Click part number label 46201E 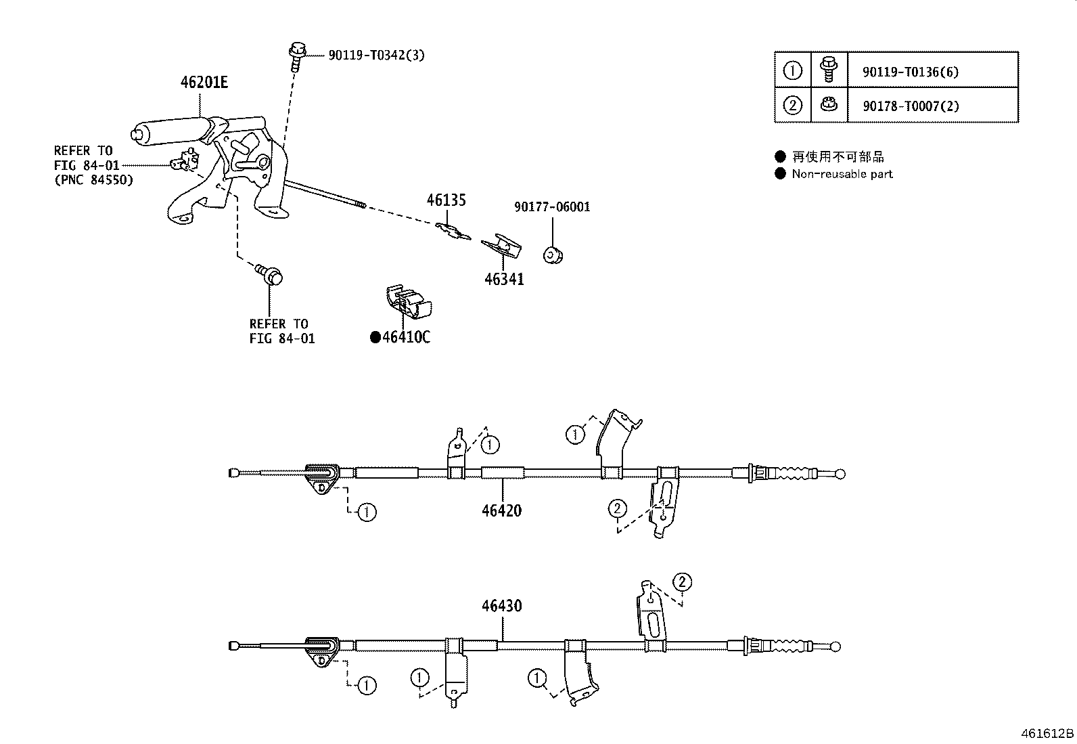(x=204, y=83)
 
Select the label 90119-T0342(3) (x=376, y=55)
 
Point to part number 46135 (x=446, y=200)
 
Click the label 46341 (x=504, y=279)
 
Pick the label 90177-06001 (x=551, y=207)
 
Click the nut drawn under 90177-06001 (x=554, y=255)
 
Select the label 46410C (x=406, y=337)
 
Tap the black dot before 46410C (x=375, y=337)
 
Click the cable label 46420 (x=501, y=510)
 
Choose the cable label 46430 (x=501, y=606)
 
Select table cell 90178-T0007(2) (x=910, y=106)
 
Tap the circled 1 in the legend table (x=792, y=70)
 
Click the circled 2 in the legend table (x=792, y=106)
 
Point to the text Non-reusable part (x=842, y=174)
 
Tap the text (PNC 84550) (x=93, y=180)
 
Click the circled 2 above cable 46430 (x=682, y=582)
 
